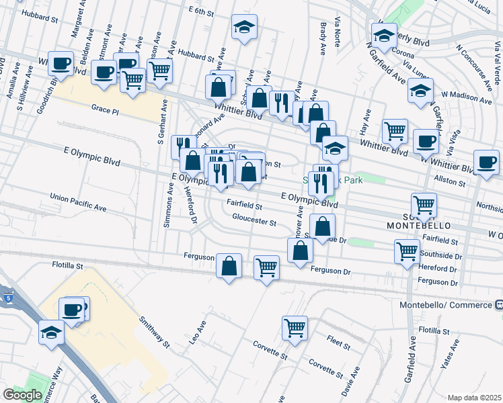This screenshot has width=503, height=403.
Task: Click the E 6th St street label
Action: point(201,11)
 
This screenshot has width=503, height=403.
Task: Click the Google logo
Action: point(22,395)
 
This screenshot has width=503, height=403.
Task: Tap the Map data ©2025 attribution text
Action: point(474,398)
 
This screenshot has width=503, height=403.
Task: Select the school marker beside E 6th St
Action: point(243,28)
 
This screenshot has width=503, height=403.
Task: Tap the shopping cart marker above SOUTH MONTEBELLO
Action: point(424,204)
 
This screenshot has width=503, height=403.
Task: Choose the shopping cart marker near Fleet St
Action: point(295,328)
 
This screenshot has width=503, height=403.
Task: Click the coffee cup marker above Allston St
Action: point(486,161)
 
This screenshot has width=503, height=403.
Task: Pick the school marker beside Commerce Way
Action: point(51,332)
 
